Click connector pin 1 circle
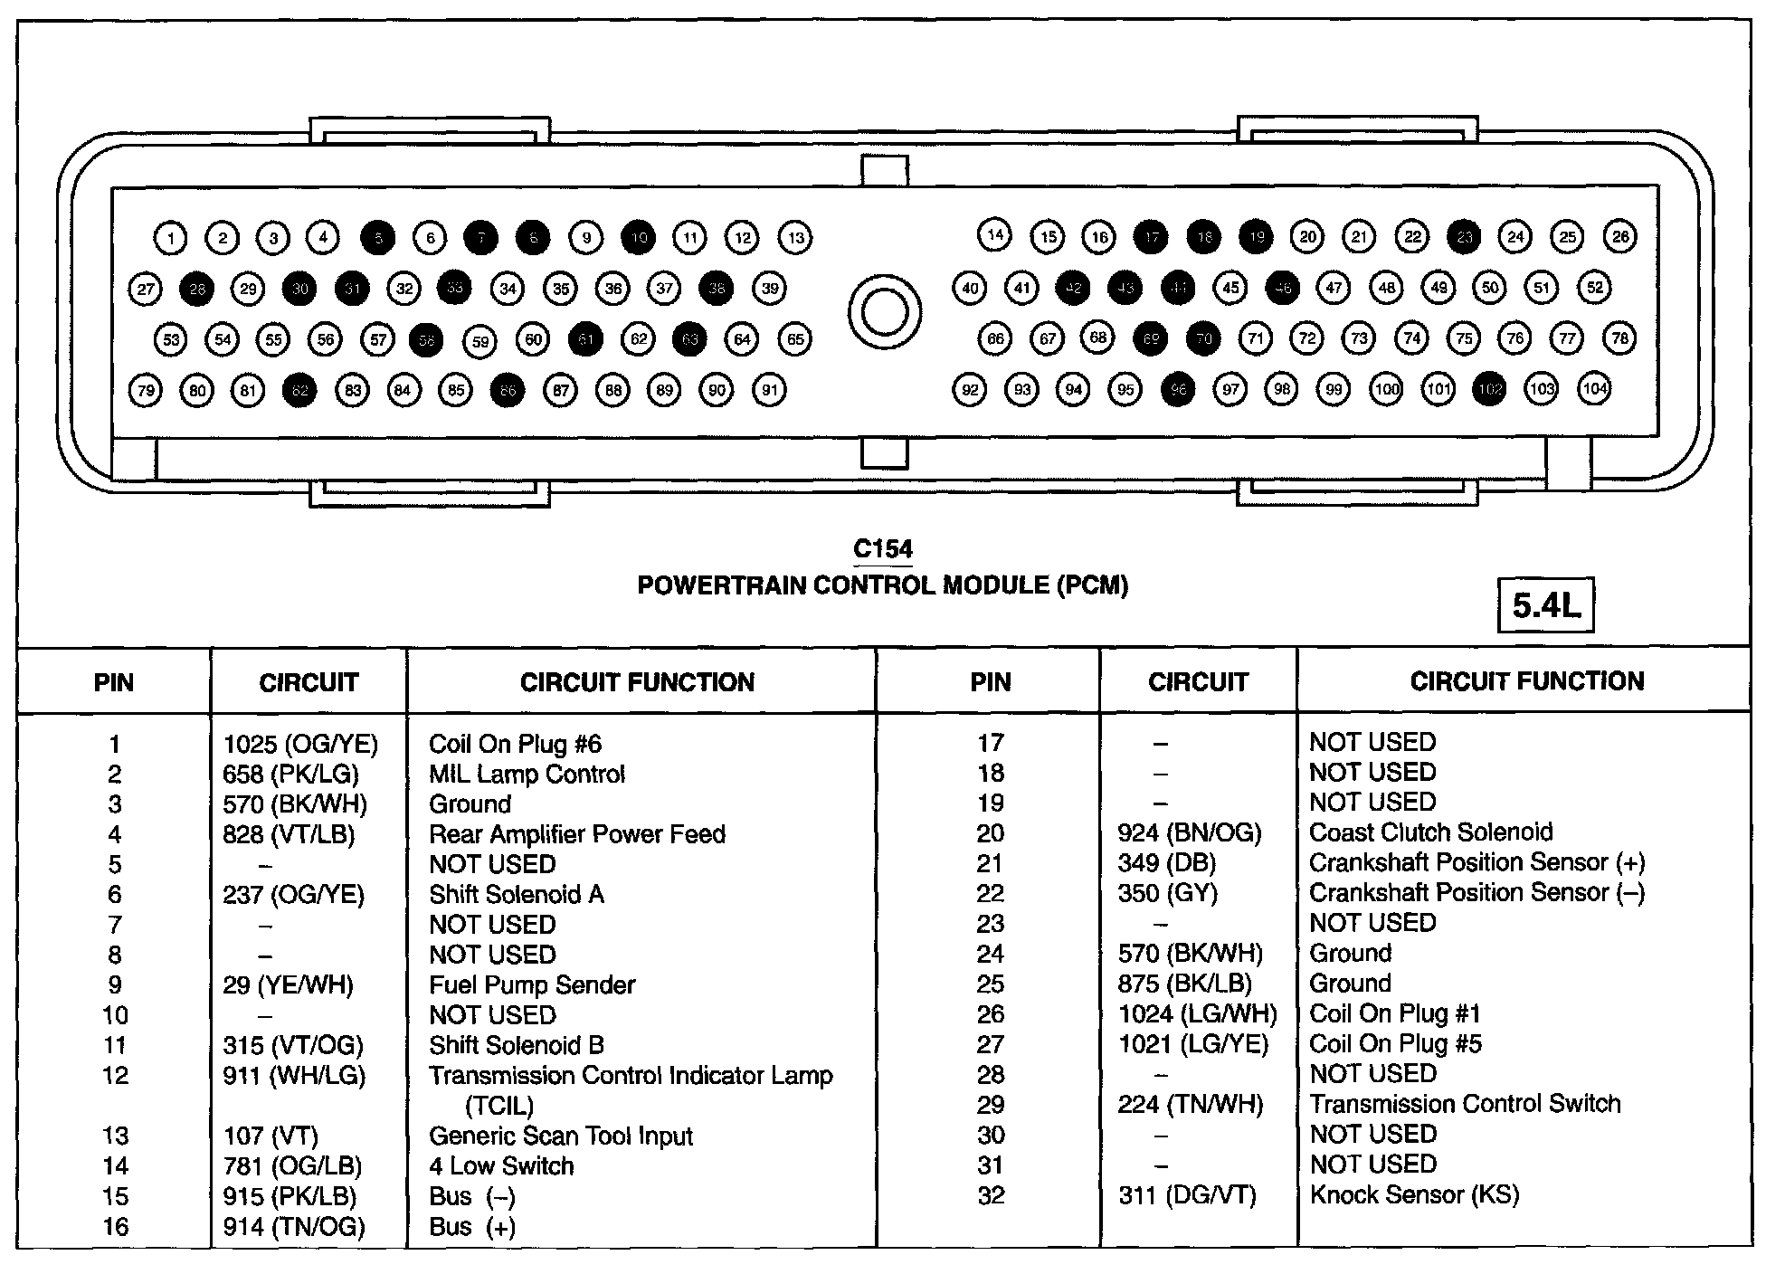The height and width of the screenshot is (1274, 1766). click(x=170, y=238)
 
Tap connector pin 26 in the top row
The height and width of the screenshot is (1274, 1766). click(x=1619, y=237)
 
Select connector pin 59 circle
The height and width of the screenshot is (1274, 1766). click(x=479, y=341)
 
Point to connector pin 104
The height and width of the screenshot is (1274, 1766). click(x=1594, y=389)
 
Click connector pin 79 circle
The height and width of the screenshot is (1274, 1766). click(x=145, y=391)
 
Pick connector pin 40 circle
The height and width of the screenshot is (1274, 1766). click(x=969, y=289)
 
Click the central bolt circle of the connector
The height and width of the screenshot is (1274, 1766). click(x=884, y=312)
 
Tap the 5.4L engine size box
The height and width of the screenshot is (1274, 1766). click(x=1545, y=605)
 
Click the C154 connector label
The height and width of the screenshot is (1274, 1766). click(x=883, y=549)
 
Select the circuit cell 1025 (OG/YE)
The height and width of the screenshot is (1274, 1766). click(x=300, y=744)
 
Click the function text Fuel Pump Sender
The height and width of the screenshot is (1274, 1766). click(x=532, y=984)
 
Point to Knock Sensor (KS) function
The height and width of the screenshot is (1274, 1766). click(x=1414, y=1194)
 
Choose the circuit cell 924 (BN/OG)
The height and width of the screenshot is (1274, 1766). click(x=1189, y=832)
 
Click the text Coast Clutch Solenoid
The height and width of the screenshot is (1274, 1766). click(x=1430, y=832)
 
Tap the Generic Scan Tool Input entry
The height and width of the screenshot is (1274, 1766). click(x=561, y=1136)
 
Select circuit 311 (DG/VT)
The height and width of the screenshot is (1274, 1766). click(x=1187, y=1195)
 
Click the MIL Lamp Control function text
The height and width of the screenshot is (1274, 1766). click(x=527, y=774)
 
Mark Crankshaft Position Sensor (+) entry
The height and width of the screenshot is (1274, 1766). click(x=1476, y=862)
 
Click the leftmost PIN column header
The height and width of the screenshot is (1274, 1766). click(x=114, y=682)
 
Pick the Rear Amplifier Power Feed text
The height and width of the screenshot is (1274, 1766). click(x=577, y=833)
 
